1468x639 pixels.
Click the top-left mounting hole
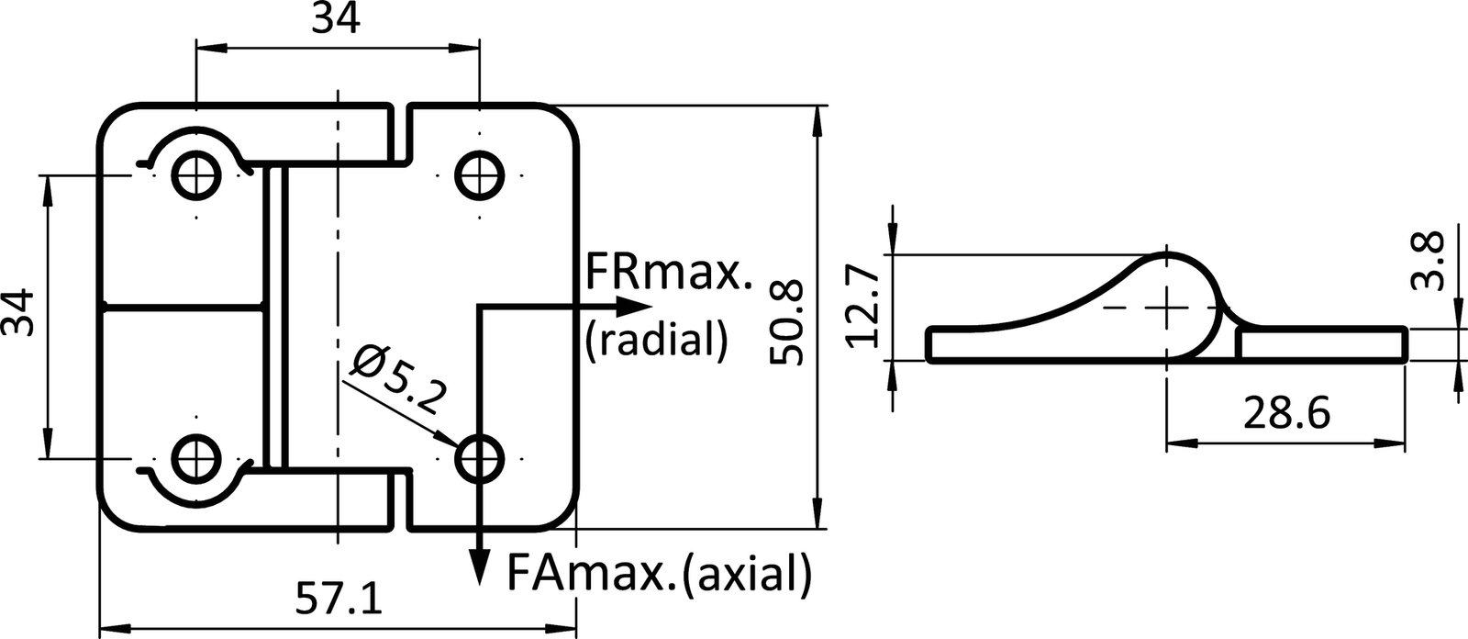(x=197, y=173)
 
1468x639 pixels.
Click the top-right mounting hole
(x=480, y=173)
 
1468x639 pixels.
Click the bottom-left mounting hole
(x=197, y=456)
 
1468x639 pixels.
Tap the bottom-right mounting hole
(x=480, y=456)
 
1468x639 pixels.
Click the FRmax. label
(x=668, y=272)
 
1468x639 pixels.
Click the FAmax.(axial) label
(x=659, y=576)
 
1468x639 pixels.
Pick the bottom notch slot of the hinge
(x=397, y=498)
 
